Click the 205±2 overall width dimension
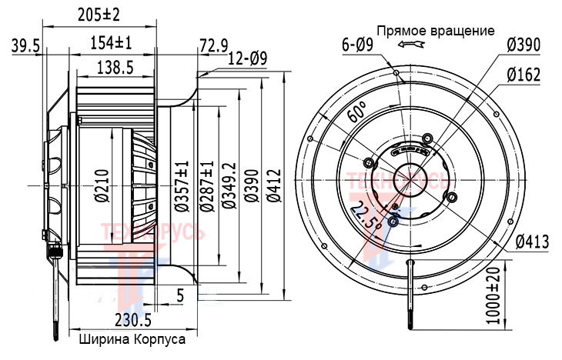103,14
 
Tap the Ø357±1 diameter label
183,185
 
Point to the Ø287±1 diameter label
206,185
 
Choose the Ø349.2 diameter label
229,185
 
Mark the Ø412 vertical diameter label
275,185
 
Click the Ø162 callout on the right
524,75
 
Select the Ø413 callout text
527,243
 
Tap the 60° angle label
355,114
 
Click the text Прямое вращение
435,32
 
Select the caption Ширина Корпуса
132,338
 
